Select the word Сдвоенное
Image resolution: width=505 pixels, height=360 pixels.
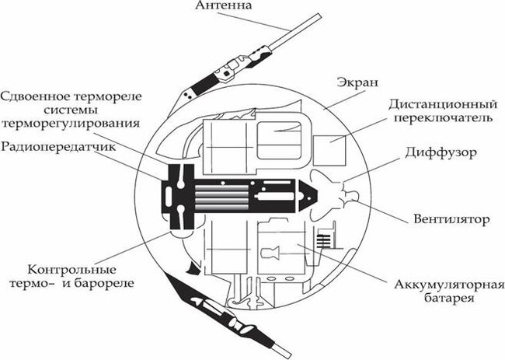click(x=39, y=96)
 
